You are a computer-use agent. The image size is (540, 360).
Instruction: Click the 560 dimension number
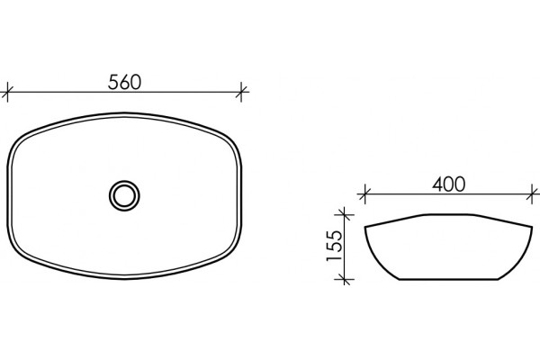124,82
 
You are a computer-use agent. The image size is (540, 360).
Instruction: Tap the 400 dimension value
449,184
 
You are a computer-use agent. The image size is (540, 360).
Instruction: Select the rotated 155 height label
335,246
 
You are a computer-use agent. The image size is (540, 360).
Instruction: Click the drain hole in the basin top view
124,195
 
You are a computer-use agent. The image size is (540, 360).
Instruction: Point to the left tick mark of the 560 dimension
7,92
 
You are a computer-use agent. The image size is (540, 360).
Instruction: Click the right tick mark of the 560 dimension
241,92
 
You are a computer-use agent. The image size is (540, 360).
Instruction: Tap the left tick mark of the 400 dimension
364,194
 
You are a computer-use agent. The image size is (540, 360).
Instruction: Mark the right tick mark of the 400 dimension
533,194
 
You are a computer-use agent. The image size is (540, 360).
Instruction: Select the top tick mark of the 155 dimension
345,215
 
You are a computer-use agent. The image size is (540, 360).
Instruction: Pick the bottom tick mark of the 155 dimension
345,279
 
